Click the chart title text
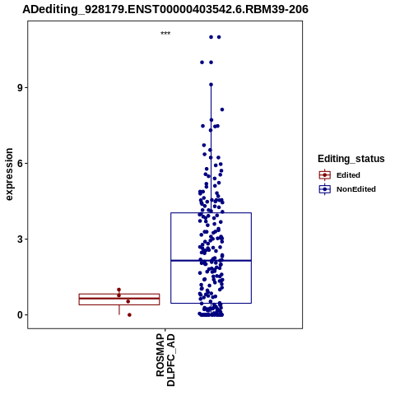pos(165,9)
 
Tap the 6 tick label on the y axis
pos(21,164)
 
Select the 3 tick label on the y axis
pos(21,239)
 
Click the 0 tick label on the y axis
pos(21,315)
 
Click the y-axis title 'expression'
pos(9,174)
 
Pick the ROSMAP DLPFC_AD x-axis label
pos(165,360)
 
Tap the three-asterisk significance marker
pos(165,33)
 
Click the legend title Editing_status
pos(351,159)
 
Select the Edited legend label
pos(348,175)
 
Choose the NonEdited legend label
pos(356,189)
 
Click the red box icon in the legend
pos(325,175)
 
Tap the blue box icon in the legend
pos(325,189)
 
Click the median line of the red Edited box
pos(119,298)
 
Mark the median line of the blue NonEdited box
pos(211,261)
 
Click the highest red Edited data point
pos(118,290)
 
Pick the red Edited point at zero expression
pos(129,315)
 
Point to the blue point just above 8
pos(222,109)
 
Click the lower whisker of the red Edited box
pos(119,310)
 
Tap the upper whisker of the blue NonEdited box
pos(211,149)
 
